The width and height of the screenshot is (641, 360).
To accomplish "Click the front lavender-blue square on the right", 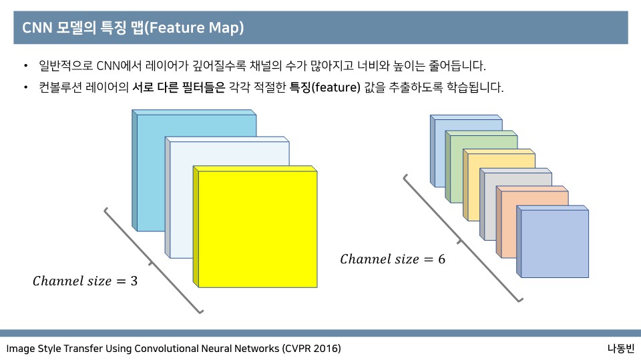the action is point(554,243).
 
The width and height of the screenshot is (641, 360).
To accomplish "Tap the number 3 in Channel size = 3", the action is point(134,281).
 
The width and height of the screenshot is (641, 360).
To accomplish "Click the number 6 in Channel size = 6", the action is point(441,259).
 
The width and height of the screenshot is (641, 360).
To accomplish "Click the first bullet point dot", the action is point(25,66).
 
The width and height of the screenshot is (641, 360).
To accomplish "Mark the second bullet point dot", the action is point(25,87).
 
